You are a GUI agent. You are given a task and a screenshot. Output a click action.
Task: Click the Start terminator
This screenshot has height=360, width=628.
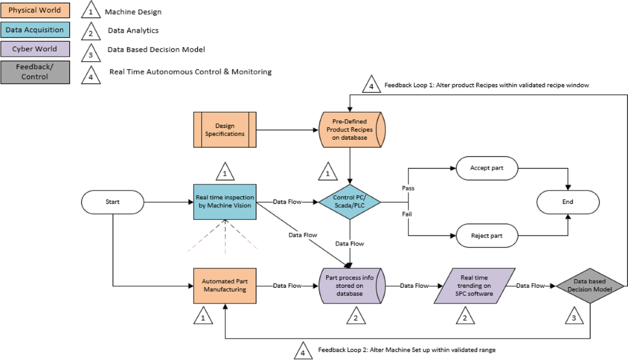point(113,202)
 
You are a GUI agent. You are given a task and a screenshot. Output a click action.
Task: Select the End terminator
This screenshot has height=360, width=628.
point(568,202)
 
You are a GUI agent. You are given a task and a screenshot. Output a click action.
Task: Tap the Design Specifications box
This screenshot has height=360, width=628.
point(225,130)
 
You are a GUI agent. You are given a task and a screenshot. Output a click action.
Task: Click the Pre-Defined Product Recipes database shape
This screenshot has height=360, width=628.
point(352,130)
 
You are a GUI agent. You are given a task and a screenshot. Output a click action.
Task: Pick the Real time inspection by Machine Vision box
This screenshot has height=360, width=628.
point(225,202)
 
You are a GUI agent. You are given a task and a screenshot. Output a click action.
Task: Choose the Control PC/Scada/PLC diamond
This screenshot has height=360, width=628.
point(350,202)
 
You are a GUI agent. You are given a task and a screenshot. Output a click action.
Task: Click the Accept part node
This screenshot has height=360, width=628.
point(487,168)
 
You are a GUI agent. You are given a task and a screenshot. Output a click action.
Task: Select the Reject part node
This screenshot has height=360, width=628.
point(487,235)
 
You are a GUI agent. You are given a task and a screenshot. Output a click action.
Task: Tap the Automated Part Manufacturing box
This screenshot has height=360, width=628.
point(225,286)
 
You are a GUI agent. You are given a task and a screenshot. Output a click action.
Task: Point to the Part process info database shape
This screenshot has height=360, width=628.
point(352,286)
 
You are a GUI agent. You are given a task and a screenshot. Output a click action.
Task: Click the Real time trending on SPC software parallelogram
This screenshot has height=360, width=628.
point(474,286)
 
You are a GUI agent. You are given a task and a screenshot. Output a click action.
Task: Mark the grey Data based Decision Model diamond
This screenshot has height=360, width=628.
point(590,286)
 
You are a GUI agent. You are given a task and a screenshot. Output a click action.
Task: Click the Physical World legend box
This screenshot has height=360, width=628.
point(35,10)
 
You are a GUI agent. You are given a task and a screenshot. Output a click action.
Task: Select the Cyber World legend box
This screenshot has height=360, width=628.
point(35,49)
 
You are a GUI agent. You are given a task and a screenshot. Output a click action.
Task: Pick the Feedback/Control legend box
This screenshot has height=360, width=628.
point(35,72)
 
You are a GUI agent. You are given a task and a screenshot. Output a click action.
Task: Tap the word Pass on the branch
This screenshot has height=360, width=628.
point(408,188)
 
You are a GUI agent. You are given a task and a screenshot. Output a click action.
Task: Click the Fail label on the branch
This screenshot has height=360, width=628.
point(407,214)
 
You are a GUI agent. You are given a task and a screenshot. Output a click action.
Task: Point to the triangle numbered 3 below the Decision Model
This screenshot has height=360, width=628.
point(574,316)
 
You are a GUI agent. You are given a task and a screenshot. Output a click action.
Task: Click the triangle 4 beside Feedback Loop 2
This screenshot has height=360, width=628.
point(303,351)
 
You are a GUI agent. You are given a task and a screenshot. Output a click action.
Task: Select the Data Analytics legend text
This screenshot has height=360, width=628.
point(133,30)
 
